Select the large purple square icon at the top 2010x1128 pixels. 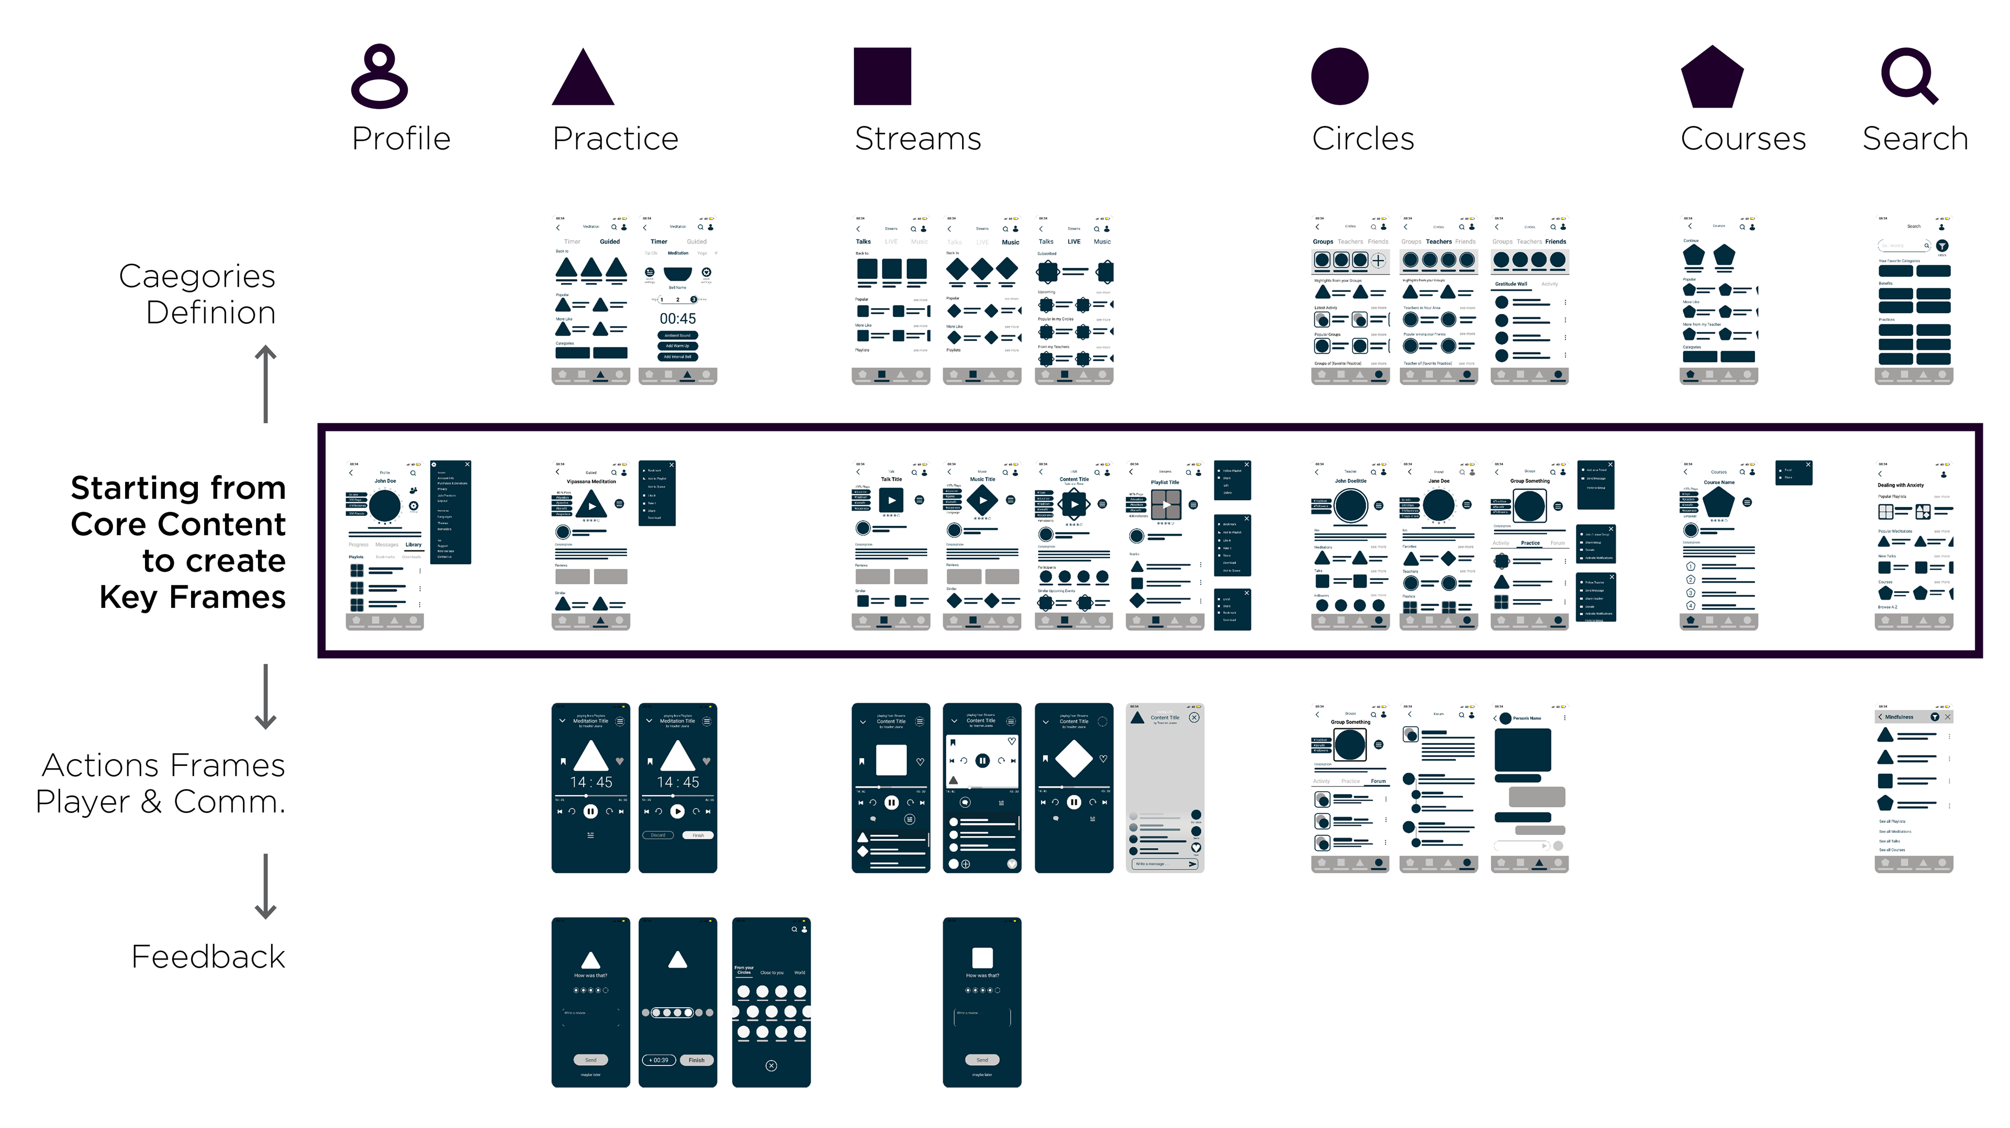click(883, 76)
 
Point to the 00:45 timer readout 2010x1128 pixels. click(677, 318)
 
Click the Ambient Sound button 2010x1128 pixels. click(677, 335)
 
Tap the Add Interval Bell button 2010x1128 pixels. click(677, 356)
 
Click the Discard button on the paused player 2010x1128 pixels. click(658, 834)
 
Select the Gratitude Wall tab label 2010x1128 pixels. click(1511, 284)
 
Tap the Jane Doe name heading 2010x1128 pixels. click(1438, 480)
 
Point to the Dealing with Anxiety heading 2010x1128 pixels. click(1901, 484)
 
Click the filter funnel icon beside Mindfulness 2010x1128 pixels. click(1934, 717)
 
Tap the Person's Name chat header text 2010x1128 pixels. click(1527, 718)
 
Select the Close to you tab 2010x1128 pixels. click(772, 973)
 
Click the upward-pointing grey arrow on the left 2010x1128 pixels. click(265, 382)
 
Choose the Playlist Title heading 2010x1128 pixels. click(1164, 482)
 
